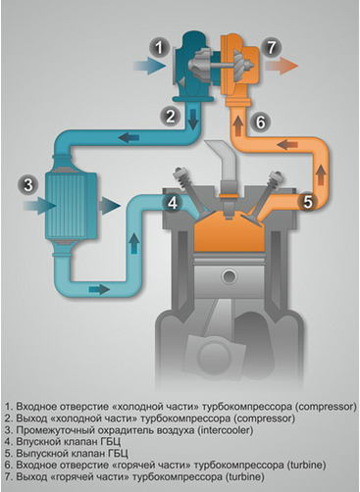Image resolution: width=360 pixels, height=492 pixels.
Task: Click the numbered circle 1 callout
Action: click(x=158, y=45)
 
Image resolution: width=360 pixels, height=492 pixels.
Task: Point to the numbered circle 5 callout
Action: click(x=307, y=204)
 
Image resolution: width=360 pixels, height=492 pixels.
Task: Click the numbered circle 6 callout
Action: click(x=256, y=122)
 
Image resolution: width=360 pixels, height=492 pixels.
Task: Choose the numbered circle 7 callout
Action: click(x=272, y=46)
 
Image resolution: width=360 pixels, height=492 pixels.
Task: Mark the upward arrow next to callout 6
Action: click(x=234, y=123)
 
